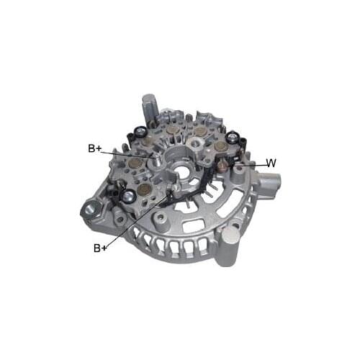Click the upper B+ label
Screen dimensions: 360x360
click(x=95, y=148)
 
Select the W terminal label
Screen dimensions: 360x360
click(x=271, y=163)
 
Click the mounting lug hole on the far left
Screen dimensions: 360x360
click(x=91, y=210)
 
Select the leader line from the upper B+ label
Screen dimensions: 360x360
click(x=126, y=153)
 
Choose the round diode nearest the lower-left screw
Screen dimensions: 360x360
click(x=144, y=190)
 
